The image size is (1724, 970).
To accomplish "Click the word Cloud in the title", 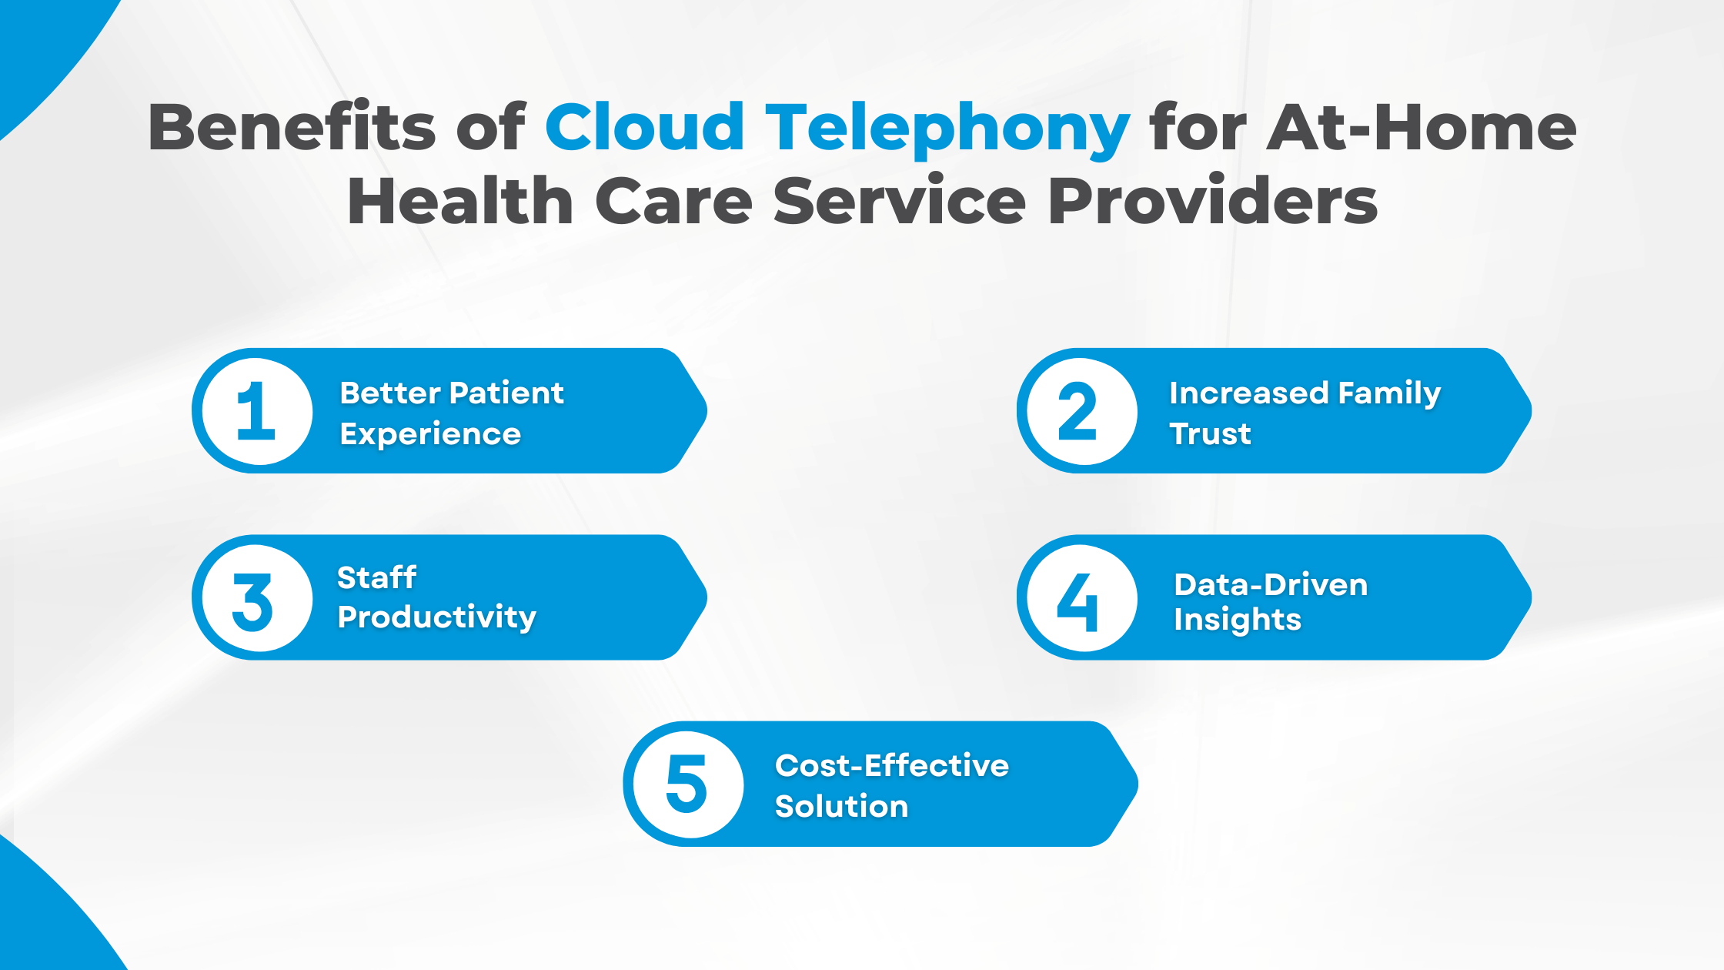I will click(645, 127).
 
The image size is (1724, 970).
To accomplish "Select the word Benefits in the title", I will click(292, 127).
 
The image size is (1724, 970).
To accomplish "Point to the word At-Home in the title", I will click(1422, 127).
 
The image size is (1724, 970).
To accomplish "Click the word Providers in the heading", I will click(1212, 201).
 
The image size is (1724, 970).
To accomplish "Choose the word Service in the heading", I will click(900, 201).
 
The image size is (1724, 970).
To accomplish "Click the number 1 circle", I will click(257, 411).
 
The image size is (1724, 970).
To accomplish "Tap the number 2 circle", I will click(1081, 411).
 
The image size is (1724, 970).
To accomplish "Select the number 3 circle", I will click(256, 599).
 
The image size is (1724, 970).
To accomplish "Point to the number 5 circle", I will click(687, 784).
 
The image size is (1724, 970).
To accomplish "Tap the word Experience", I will click(430, 435).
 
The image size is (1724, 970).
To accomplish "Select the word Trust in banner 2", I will click(1210, 434).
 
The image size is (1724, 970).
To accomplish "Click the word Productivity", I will click(436, 617).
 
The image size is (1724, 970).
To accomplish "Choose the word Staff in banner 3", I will click(376, 577).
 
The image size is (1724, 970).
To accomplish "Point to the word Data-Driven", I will click(1271, 585).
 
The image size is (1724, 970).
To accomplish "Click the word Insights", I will click(1237, 620).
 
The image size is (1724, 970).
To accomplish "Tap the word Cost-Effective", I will click(891, 766).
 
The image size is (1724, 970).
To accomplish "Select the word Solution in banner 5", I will click(841, 807).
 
